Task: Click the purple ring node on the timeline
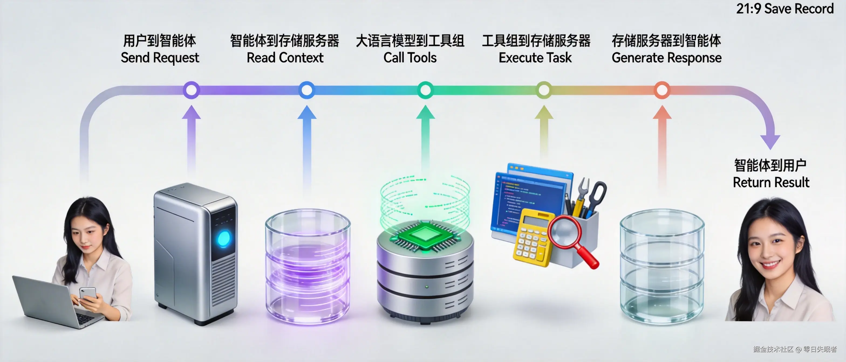[x=191, y=90]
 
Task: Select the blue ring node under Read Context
[x=307, y=90]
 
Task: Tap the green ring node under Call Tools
[x=425, y=90]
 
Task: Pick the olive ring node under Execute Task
[x=544, y=90]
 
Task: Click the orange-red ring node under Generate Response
[x=662, y=90]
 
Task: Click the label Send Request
[x=160, y=58]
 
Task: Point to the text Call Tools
[x=410, y=58]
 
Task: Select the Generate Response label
[x=666, y=58]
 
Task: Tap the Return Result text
[x=771, y=182]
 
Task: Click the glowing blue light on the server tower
[x=224, y=238]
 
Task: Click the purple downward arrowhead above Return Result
[x=770, y=142]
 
